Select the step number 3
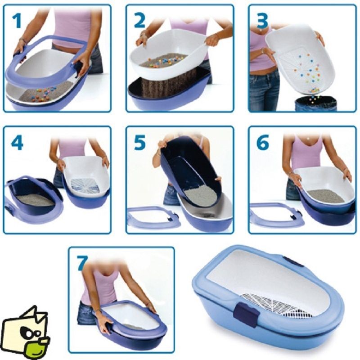(x=262, y=21)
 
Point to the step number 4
(x=17, y=142)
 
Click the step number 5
(x=140, y=142)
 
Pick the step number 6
(x=263, y=142)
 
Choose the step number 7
(x=82, y=263)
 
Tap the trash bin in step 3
(x=316, y=104)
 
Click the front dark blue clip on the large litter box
(x=246, y=314)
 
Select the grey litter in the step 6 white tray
(x=325, y=195)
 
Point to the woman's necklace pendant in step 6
(x=308, y=139)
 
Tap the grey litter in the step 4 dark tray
(x=36, y=200)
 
